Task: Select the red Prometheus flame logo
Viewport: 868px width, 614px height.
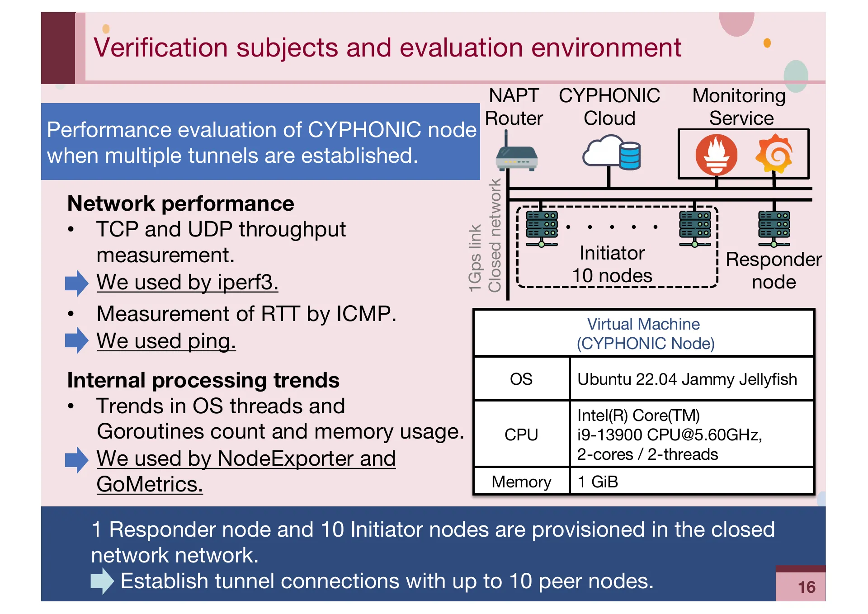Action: (716, 155)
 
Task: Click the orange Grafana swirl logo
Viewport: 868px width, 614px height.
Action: (774, 154)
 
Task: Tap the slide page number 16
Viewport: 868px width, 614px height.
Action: (806, 587)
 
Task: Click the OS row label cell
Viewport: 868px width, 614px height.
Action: (521, 379)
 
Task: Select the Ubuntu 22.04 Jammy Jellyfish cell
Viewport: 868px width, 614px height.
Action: (687, 379)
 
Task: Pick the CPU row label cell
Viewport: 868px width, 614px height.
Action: (521, 435)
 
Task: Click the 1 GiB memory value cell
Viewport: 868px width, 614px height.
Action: (598, 482)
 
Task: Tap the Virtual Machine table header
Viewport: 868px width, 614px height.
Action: (644, 334)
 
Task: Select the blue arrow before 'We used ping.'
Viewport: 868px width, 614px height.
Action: (76, 340)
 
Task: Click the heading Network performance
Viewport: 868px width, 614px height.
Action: (180, 203)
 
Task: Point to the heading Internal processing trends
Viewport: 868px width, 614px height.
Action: (203, 380)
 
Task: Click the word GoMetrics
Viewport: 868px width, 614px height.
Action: (149, 484)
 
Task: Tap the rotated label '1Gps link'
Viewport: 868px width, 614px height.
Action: (475, 258)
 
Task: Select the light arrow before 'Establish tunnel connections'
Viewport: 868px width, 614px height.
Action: (102, 581)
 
